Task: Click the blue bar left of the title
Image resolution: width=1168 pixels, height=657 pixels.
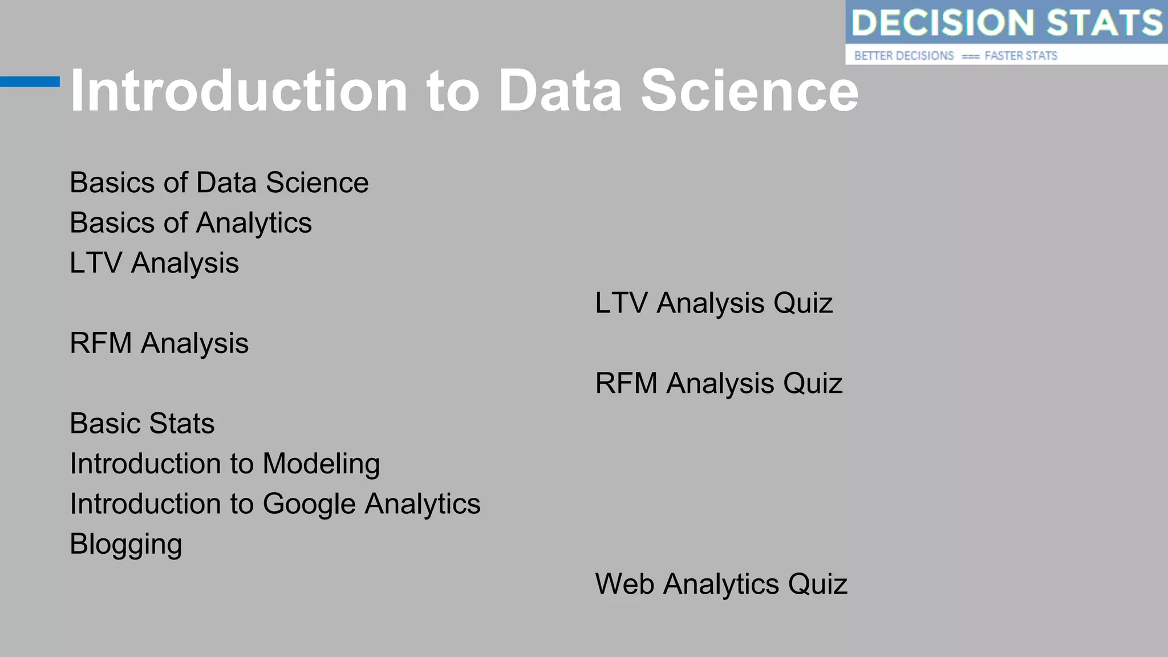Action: (30, 82)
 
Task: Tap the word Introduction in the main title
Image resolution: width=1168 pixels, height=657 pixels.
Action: (238, 91)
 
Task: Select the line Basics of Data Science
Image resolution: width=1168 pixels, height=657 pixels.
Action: (219, 183)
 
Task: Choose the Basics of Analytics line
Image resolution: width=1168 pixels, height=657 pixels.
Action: (190, 223)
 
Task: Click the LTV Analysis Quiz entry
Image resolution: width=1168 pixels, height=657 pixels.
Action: (713, 303)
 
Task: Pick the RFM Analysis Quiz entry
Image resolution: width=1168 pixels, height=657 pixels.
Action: (719, 383)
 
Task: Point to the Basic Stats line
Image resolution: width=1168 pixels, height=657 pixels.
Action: (142, 424)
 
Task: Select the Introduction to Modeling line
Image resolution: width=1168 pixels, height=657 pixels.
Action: (225, 464)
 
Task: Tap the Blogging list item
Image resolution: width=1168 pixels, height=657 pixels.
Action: (126, 545)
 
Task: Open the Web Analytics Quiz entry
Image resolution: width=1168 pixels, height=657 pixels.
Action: (721, 584)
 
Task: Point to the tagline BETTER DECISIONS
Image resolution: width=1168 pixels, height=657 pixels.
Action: (903, 56)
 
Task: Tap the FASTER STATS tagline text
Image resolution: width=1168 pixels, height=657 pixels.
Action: (1021, 56)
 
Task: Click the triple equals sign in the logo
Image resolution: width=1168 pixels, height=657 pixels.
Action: (970, 56)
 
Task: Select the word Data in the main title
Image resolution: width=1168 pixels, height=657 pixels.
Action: (560, 91)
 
